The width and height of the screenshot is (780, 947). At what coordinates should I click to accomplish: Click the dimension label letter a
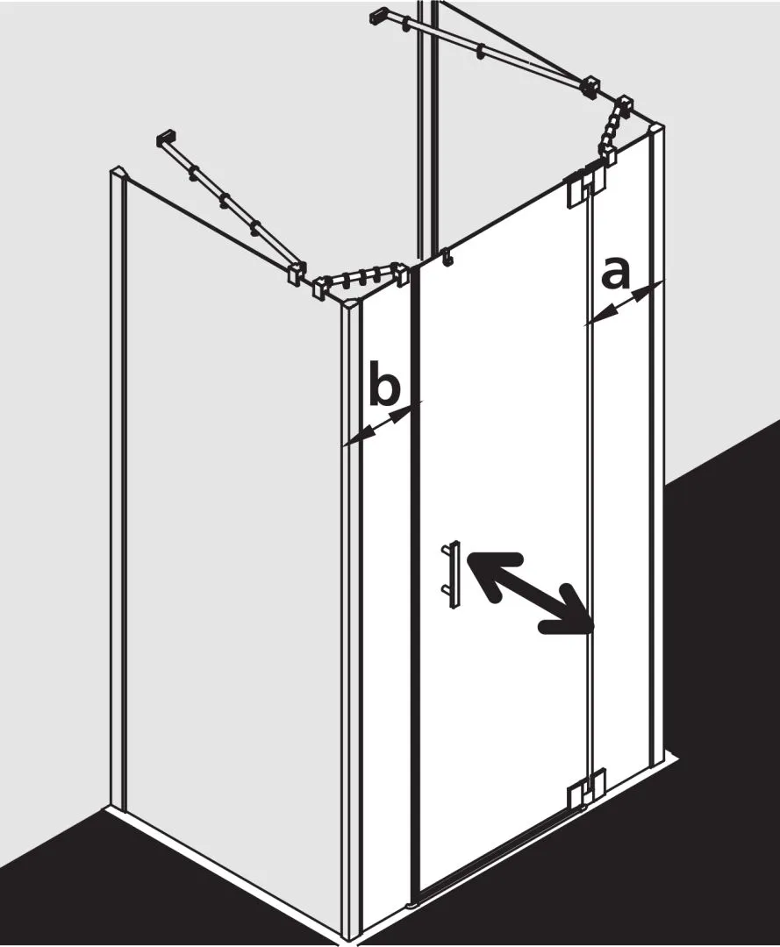coord(615,272)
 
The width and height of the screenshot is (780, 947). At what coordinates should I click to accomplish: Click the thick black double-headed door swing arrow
coord(526,593)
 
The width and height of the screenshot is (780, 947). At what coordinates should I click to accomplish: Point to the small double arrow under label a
coord(624,303)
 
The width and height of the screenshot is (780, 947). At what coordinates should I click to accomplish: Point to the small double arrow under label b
coord(383,424)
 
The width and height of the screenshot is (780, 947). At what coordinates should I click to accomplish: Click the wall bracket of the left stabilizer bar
coord(166,138)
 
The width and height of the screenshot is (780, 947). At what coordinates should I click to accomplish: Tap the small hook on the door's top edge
coord(447,257)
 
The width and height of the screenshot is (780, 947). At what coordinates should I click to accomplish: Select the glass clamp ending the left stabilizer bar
coord(296,274)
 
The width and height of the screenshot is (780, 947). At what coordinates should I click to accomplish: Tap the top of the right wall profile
coord(656,131)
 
